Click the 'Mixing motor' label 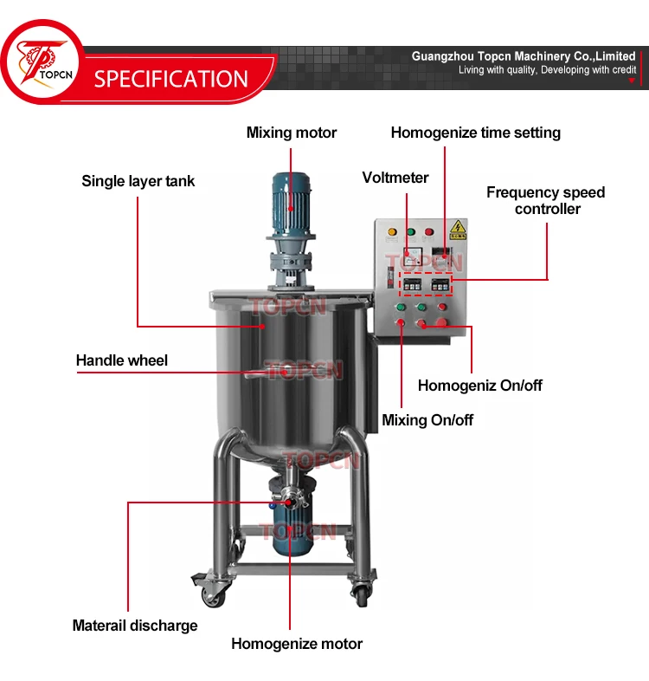click(x=291, y=133)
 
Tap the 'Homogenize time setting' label click(x=475, y=133)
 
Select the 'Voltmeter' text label click(x=395, y=178)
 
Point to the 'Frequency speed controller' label click(x=545, y=200)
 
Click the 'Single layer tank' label click(x=138, y=181)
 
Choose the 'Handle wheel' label click(x=122, y=360)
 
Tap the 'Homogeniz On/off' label click(x=479, y=386)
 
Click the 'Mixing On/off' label click(x=427, y=420)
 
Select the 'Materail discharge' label click(x=135, y=626)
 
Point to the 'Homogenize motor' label click(x=297, y=644)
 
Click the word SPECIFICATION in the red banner click(x=171, y=79)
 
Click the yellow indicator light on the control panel click(x=391, y=232)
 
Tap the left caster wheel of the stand click(x=213, y=593)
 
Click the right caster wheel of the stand click(x=359, y=592)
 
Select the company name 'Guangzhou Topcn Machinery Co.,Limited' click(x=523, y=55)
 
